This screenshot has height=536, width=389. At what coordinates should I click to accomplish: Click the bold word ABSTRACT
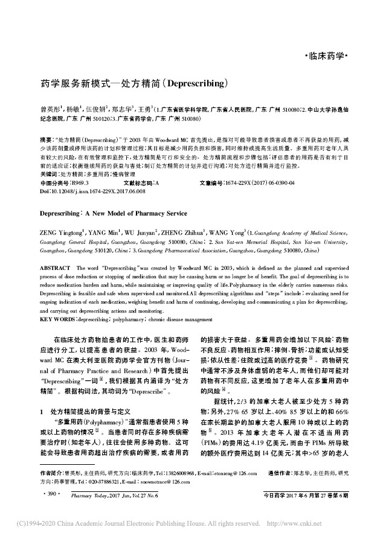(x=55, y=266)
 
